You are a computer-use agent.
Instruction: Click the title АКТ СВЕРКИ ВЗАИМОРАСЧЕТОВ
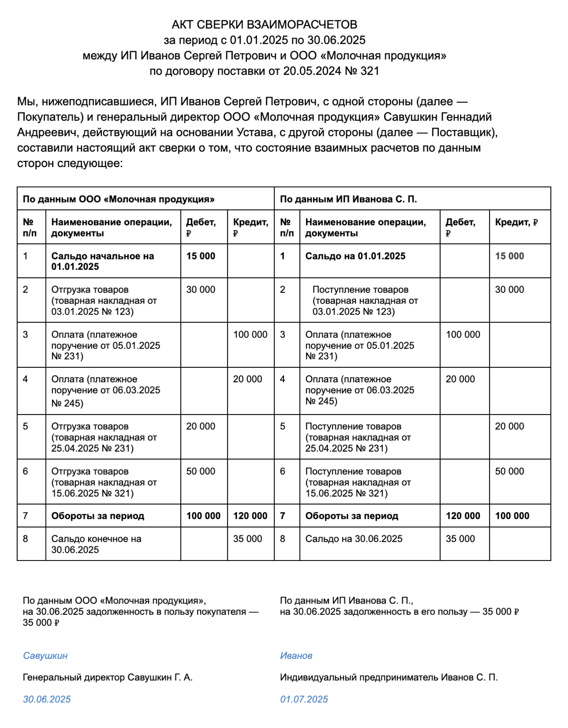pyautogui.click(x=264, y=25)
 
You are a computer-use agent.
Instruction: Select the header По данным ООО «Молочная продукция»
pyautogui.click(x=118, y=199)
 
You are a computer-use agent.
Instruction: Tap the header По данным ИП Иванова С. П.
pyautogui.click(x=348, y=199)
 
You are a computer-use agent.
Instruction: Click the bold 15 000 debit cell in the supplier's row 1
pyautogui.click(x=201, y=256)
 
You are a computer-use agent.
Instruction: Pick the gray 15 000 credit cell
pyautogui.click(x=509, y=256)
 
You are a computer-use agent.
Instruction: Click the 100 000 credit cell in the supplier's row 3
pyautogui.click(x=250, y=335)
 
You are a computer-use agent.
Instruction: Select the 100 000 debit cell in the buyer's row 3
pyautogui.click(x=463, y=335)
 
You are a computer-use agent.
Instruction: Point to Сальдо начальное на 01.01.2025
pyautogui.click(x=102, y=261)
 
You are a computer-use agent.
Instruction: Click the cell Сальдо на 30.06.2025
pyautogui.click(x=354, y=539)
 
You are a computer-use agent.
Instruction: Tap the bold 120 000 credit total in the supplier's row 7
pyautogui.click(x=250, y=516)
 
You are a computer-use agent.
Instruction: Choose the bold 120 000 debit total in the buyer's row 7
pyautogui.click(x=463, y=516)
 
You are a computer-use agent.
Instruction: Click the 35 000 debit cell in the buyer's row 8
pyautogui.click(x=460, y=539)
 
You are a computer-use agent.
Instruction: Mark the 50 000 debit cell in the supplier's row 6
pyautogui.click(x=201, y=472)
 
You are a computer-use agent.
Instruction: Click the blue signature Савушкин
pyautogui.click(x=45, y=656)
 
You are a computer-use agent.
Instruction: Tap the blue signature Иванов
pyautogui.click(x=296, y=656)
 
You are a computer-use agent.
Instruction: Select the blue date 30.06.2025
pyautogui.click(x=47, y=700)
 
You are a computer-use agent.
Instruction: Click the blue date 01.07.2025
pyautogui.click(x=304, y=700)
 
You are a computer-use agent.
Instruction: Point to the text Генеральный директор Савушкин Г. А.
pyautogui.click(x=108, y=678)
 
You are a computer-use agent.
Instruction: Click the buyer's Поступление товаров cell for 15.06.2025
pyautogui.click(x=358, y=482)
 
